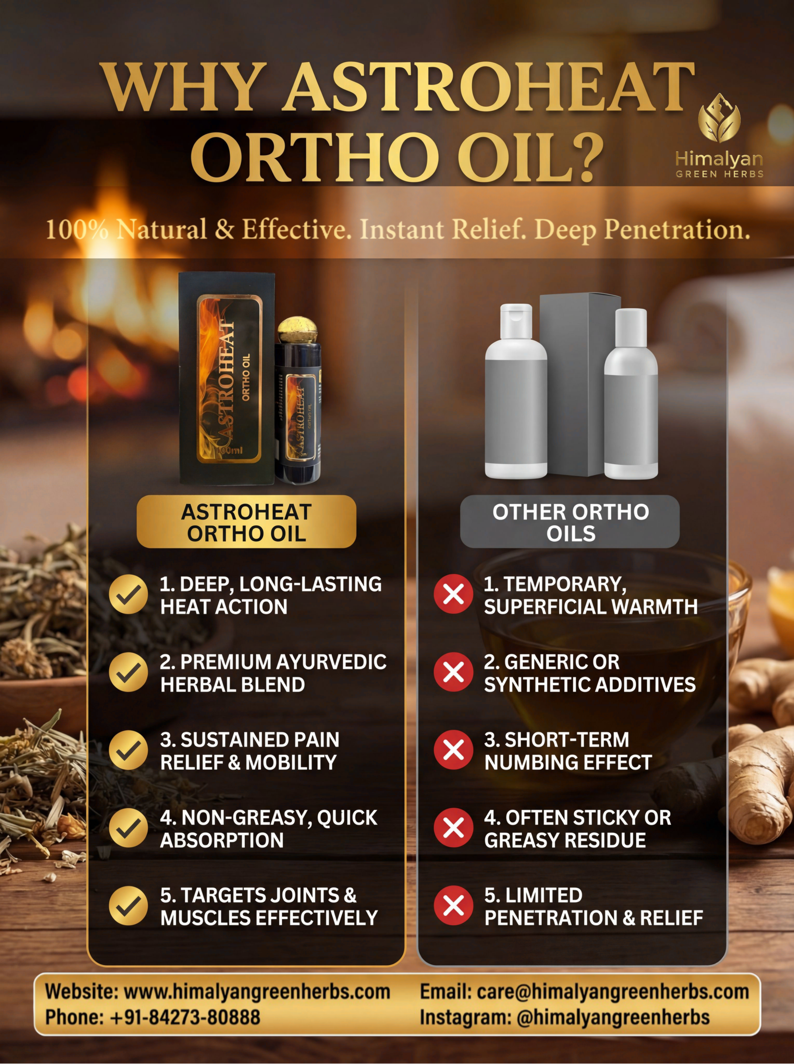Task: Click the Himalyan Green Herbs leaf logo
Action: tap(719, 118)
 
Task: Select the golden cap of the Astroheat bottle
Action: tap(297, 330)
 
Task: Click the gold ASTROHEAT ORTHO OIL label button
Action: tap(247, 522)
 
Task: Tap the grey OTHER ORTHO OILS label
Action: tap(570, 522)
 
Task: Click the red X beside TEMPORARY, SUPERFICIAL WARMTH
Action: tap(454, 594)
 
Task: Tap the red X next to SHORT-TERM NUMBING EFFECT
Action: tap(454, 750)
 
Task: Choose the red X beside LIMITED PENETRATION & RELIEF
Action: tap(454, 905)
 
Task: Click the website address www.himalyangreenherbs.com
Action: tap(257, 992)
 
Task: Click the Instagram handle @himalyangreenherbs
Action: tap(613, 1017)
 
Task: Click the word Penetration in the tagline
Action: tap(677, 230)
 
